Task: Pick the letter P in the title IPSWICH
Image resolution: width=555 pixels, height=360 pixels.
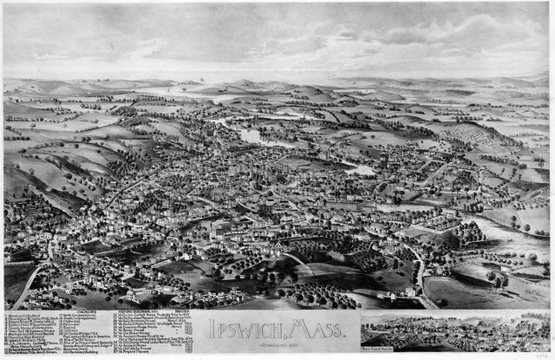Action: [x=221, y=328]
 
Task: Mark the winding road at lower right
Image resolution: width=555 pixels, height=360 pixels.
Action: [x=421, y=269]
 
